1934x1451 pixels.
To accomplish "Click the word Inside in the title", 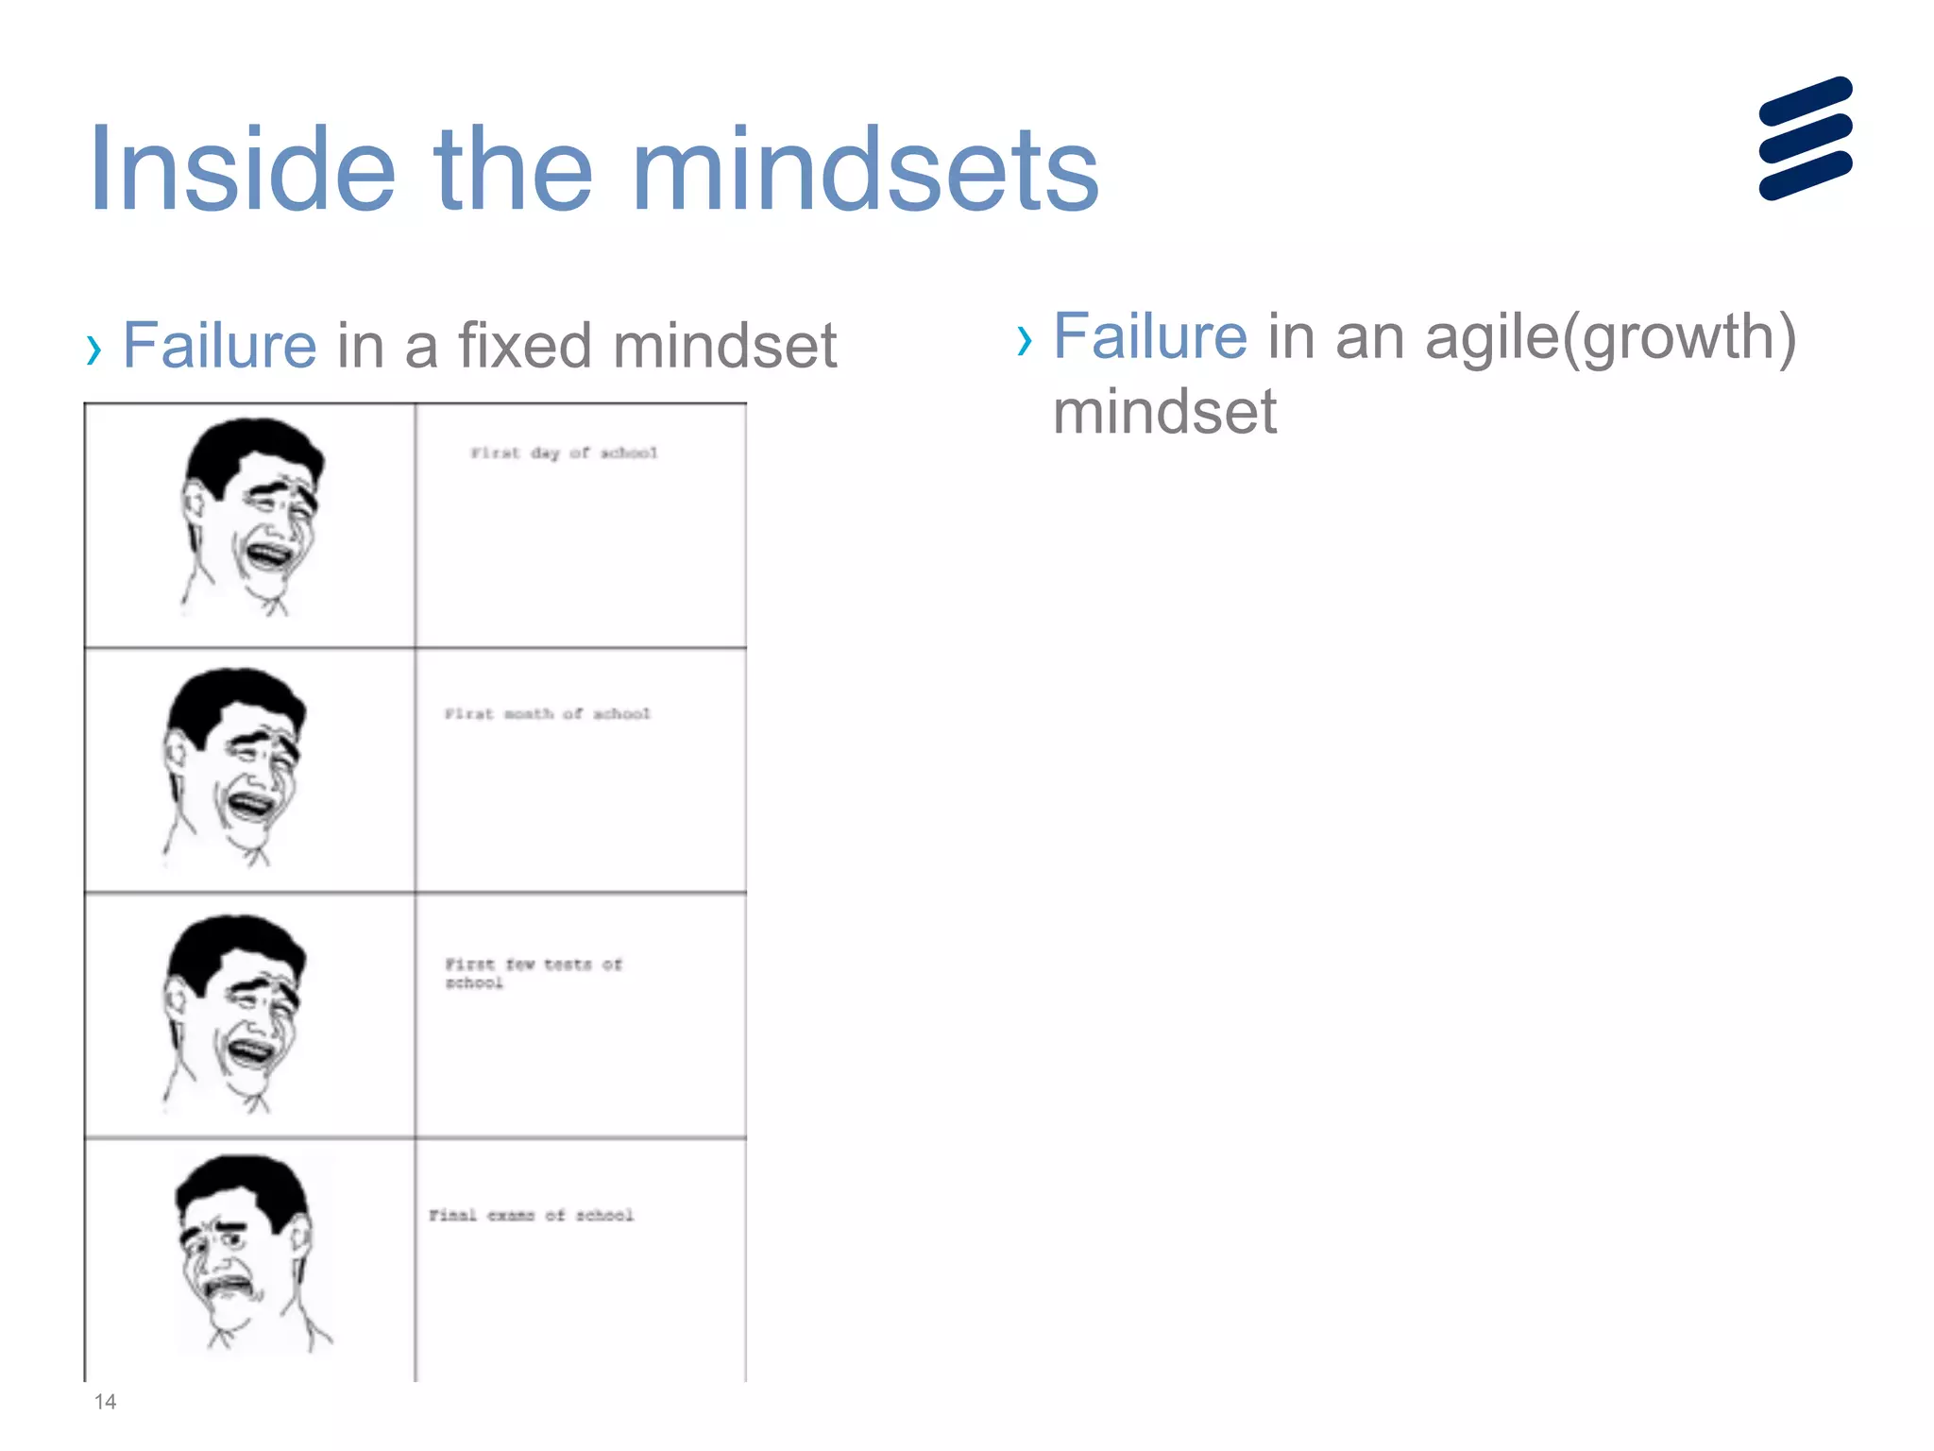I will [242, 170].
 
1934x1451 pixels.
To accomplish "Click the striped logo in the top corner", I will [1805, 138].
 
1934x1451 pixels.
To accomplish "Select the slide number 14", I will [105, 1402].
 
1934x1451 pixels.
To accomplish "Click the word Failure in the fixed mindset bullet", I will [219, 345].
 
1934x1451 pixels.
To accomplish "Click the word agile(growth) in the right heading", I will [1610, 337].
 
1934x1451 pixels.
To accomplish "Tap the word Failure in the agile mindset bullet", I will [1149, 336].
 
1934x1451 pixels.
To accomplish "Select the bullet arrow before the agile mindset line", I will [1025, 341].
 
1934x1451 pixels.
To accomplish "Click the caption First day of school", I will [564, 453].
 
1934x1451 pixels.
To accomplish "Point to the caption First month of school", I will [548, 714].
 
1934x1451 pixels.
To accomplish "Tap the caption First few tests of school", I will [534, 973].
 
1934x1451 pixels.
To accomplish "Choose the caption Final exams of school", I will [531, 1215].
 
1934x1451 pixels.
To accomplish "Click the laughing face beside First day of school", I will [251, 515].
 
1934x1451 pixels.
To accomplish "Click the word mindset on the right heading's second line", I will [1164, 412].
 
